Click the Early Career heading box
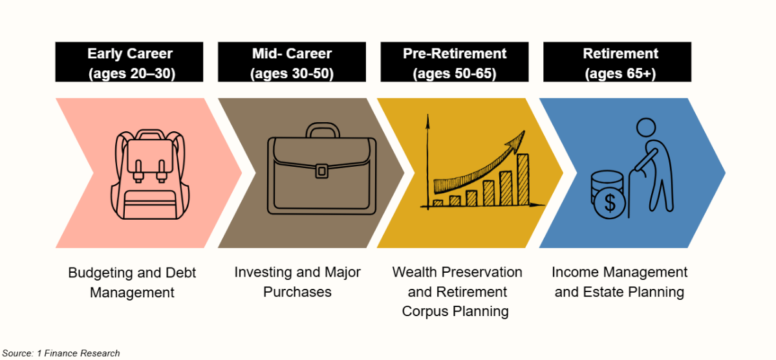[x=129, y=62]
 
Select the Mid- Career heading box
[x=292, y=62]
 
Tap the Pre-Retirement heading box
[x=455, y=62]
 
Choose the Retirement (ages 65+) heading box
[x=618, y=62]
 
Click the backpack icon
[x=150, y=174]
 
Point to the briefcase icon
[x=322, y=168]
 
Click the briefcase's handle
[x=323, y=129]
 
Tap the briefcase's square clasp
[x=322, y=171]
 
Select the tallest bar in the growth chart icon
[x=523, y=180]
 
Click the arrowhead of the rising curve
[x=517, y=142]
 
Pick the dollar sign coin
[x=609, y=203]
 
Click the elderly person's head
[x=646, y=127]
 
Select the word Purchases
[x=297, y=291]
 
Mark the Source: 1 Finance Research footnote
[x=61, y=353]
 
